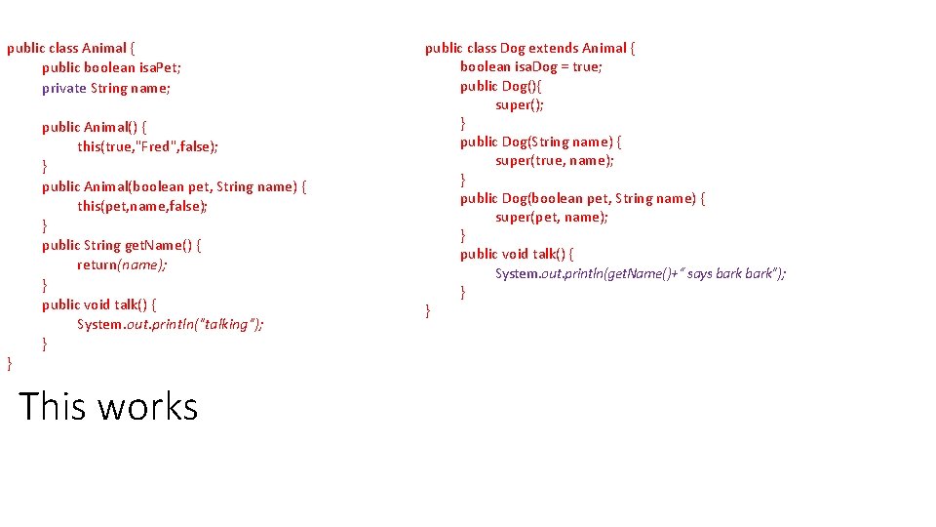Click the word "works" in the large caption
[148, 406]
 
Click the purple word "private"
[64, 88]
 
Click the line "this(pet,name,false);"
[142, 206]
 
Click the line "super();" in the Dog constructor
[520, 104]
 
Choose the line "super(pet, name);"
[552, 217]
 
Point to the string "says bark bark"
[730, 273]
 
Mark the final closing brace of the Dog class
[428, 310]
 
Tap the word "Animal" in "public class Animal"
[104, 48]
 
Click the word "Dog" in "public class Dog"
[512, 48]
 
